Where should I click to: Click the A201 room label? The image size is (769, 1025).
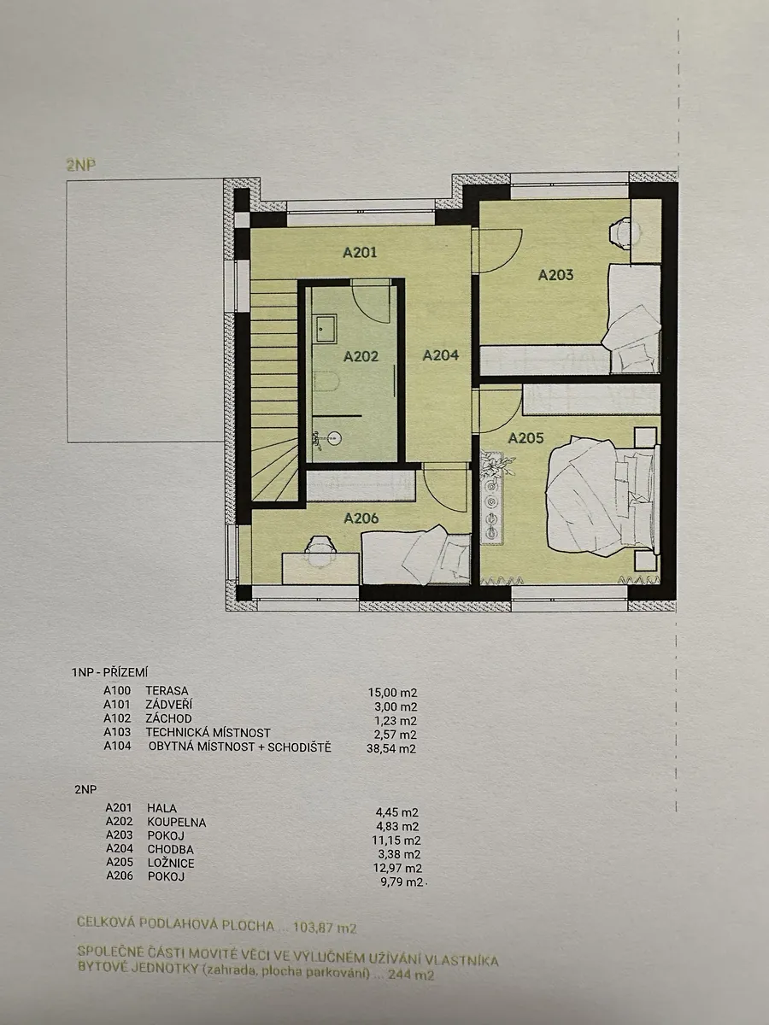pyautogui.click(x=360, y=253)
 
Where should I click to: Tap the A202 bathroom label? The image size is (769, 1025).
pyautogui.click(x=361, y=356)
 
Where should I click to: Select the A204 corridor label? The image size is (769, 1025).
pyautogui.click(x=441, y=355)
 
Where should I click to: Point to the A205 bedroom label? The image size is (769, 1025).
pyautogui.click(x=525, y=438)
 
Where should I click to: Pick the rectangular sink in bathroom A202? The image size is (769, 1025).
pyautogui.click(x=326, y=330)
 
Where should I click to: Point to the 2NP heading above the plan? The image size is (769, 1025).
pyautogui.click(x=81, y=165)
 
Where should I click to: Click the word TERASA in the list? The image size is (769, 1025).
pyautogui.click(x=167, y=690)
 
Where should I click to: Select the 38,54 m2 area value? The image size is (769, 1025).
pyautogui.click(x=391, y=748)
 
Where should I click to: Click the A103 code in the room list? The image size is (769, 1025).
pyautogui.click(x=117, y=732)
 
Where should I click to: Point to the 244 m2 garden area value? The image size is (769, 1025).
pyautogui.click(x=411, y=975)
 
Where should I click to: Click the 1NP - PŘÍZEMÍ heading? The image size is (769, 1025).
pyautogui.click(x=109, y=672)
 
